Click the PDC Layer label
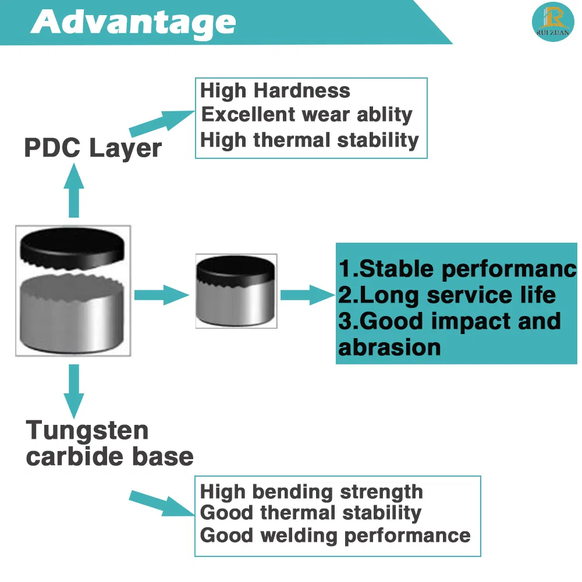click(x=93, y=148)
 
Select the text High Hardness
click(x=275, y=91)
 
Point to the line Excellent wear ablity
click(x=306, y=115)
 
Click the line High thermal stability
click(x=309, y=140)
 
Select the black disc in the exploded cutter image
click(x=72, y=247)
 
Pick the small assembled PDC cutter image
click(x=236, y=292)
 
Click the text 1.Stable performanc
click(x=457, y=269)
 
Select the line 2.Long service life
click(x=447, y=295)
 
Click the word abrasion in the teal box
click(x=389, y=347)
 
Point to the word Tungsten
click(x=87, y=431)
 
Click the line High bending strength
click(x=311, y=492)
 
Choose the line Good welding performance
click(x=335, y=535)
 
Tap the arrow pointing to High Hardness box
click(x=160, y=122)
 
